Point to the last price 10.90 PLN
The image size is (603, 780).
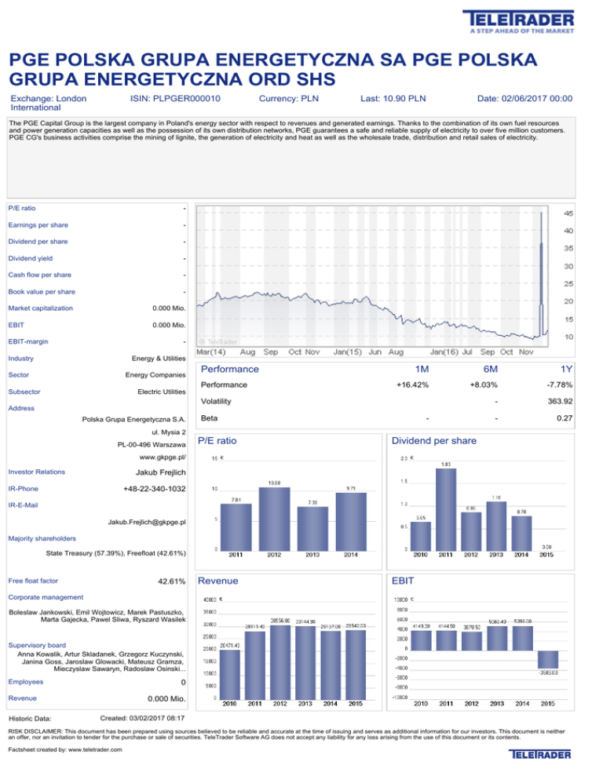(x=393, y=99)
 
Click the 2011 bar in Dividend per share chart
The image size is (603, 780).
(x=446, y=507)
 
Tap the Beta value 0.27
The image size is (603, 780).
(x=565, y=418)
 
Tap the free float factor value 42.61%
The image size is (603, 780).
(x=166, y=581)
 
